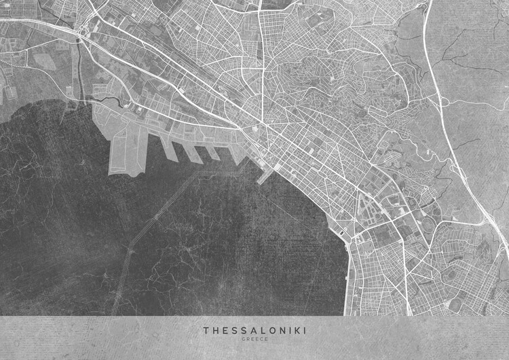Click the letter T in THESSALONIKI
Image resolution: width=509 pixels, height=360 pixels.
[206, 331]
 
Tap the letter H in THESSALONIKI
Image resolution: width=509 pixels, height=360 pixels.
[215, 331]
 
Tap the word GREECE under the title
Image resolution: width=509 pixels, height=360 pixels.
[254, 339]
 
